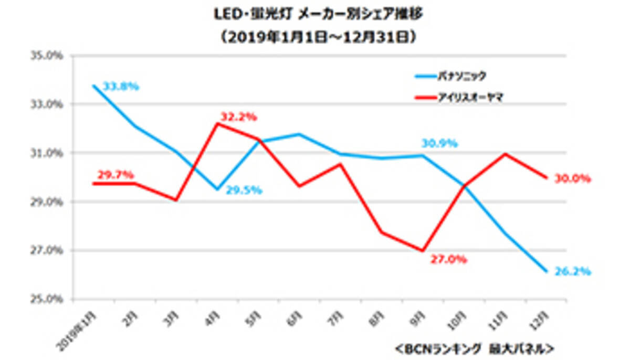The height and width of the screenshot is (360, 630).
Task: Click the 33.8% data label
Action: (x=121, y=87)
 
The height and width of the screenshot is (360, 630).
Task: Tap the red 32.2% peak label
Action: (x=239, y=117)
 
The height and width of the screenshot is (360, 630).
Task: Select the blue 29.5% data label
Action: (x=244, y=190)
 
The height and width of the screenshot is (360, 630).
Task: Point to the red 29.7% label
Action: (x=115, y=174)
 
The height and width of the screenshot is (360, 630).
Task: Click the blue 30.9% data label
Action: (x=439, y=143)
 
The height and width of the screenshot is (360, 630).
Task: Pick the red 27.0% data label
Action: (x=449, y=260)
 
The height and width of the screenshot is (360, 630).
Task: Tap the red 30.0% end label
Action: (x=573, y=179)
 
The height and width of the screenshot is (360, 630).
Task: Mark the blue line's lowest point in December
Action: (x=547, y=271)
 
